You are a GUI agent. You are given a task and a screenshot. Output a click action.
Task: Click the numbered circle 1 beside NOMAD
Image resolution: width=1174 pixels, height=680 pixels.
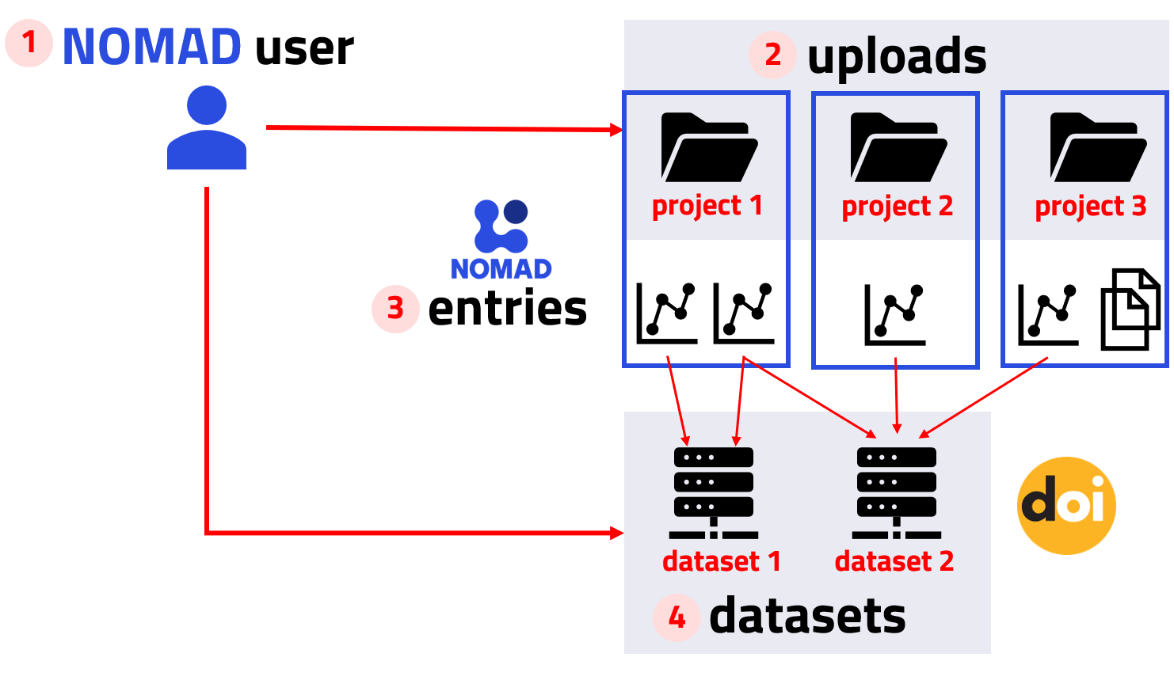coord(29,43)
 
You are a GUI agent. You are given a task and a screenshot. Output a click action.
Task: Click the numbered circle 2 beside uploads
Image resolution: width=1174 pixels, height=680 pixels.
coord(772,55)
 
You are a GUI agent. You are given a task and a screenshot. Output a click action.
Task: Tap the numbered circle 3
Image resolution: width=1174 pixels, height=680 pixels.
coord(395,309)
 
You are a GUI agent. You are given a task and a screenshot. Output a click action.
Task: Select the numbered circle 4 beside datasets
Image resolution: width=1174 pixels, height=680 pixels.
coord(677,617)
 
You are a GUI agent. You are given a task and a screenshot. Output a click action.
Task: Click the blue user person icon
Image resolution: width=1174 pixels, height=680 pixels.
coord(207,128)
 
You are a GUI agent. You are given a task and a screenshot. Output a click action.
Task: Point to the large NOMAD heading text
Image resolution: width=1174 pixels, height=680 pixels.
coord(152,47)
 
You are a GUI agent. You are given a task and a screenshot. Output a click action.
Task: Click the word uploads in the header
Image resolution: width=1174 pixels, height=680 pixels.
coord(897,57)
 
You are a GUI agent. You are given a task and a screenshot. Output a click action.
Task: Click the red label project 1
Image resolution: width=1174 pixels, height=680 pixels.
coord(707,206)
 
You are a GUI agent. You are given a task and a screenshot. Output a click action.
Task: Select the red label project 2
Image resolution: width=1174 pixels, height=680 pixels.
coord(897,207)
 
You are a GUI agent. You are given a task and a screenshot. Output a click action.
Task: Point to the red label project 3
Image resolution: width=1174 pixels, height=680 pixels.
coord(1090,207)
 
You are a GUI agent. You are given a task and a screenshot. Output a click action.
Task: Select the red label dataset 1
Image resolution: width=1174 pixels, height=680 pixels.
coord(722,561)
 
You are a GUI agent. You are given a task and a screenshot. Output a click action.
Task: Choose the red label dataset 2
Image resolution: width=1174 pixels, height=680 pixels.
coord(894,561)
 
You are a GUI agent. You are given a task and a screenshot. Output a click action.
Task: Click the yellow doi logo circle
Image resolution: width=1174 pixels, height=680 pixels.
coord(1066,505)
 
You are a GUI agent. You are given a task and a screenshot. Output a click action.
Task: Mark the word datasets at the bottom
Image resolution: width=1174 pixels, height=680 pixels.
coord(807,617)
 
